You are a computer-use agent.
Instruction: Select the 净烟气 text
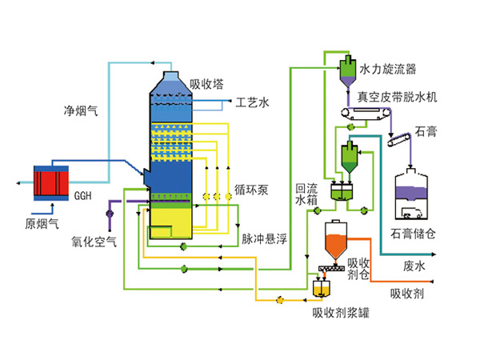point(81,111)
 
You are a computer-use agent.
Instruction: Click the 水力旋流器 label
point(389,70)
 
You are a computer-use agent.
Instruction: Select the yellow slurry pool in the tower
point(170,218)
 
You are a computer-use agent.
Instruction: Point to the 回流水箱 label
point(306,193)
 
